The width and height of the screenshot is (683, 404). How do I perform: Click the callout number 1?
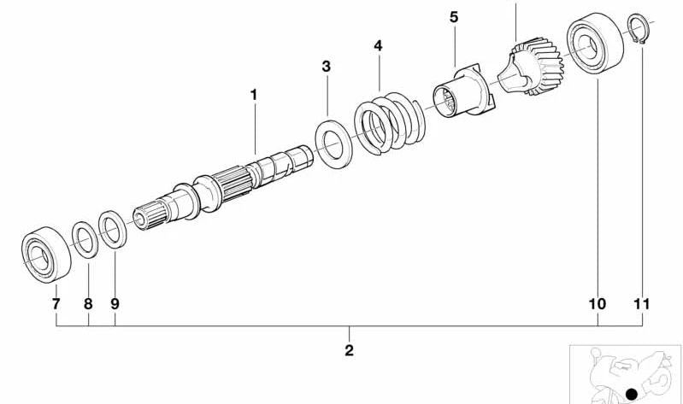[x=254, y=95]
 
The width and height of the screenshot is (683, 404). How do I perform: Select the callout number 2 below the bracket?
[x=349, y=350]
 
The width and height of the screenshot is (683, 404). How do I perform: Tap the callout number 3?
[x=327, y=67]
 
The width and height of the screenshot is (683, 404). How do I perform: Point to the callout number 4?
[x=378, y=46]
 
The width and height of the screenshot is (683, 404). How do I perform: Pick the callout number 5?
[x=454, y=17]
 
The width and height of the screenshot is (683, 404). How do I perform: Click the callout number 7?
[x=56, y=304]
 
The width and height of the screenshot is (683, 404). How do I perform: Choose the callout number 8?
[x=88, y=304]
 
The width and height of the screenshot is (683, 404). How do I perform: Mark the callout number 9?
[x=115, y=304]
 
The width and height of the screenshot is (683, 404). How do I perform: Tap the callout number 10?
[x=598, y=304]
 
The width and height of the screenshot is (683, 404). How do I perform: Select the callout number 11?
[x=642, y=304]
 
